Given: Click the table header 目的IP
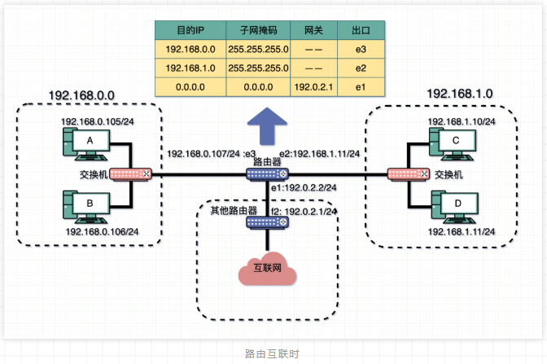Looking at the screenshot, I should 190,30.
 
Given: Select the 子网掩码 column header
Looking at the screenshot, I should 256,30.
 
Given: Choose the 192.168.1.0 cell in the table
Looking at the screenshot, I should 190,68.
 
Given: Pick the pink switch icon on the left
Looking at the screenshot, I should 130,173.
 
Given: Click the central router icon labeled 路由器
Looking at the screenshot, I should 269,173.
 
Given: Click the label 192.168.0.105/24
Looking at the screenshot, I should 99,121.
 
